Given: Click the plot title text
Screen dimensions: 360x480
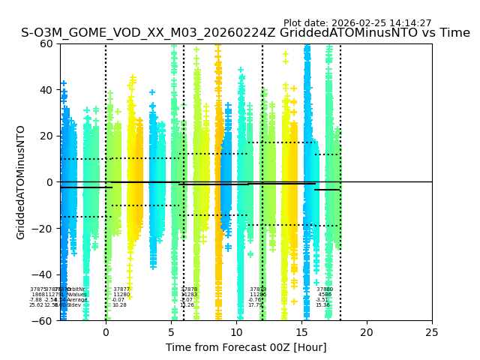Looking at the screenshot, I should pos(245,33).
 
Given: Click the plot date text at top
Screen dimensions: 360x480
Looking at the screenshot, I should pos(357,23).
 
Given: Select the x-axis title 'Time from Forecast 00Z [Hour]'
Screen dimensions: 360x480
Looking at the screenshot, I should pos(246,347).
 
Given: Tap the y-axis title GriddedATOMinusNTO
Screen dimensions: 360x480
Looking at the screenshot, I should pos(21,182).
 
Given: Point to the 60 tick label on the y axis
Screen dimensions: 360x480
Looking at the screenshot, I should pos(46,43).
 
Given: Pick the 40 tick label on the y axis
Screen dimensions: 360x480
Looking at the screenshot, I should pos(46,90).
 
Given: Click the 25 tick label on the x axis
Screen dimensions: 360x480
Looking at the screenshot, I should pos(432,332).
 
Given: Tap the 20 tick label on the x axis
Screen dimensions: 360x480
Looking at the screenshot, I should pos(367,332).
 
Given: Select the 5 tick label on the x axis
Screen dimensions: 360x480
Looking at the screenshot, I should pos(171,332).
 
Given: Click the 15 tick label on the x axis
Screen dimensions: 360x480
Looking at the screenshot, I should pos(301,332).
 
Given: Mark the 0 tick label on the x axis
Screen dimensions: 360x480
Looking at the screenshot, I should pos(106,332).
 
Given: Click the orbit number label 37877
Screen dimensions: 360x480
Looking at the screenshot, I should pos(121,289).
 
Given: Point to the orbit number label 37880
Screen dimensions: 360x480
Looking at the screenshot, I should pos(325,289).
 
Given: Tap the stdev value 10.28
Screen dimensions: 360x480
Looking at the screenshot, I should pos(120,305).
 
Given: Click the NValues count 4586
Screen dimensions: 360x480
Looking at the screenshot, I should pos(325,295).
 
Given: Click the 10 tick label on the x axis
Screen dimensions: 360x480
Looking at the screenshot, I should pos(236,332).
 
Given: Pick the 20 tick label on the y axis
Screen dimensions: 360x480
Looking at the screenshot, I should pos(46,136).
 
